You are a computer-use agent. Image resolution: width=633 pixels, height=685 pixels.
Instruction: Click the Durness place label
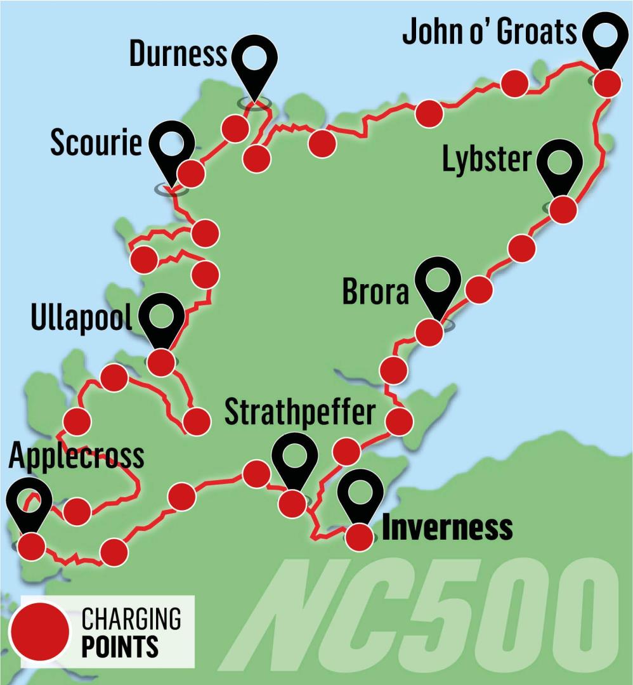(x=177, y=55)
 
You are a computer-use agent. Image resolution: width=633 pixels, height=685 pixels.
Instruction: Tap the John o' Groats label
(x=490, y=32)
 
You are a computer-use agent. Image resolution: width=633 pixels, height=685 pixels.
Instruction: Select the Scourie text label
(x=96, y=143)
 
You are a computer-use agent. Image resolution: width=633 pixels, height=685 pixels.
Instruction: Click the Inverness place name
(x=447, y=528)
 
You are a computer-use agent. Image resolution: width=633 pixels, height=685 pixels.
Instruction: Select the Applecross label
(x=77, y=454)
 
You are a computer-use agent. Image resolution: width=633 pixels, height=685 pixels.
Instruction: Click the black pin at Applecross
(x=30, y=501)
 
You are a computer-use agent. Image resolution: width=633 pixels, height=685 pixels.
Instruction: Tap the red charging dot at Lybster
(x=563, y=209)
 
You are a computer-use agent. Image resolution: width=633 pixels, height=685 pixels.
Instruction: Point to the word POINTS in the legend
(x=119, y=646)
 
